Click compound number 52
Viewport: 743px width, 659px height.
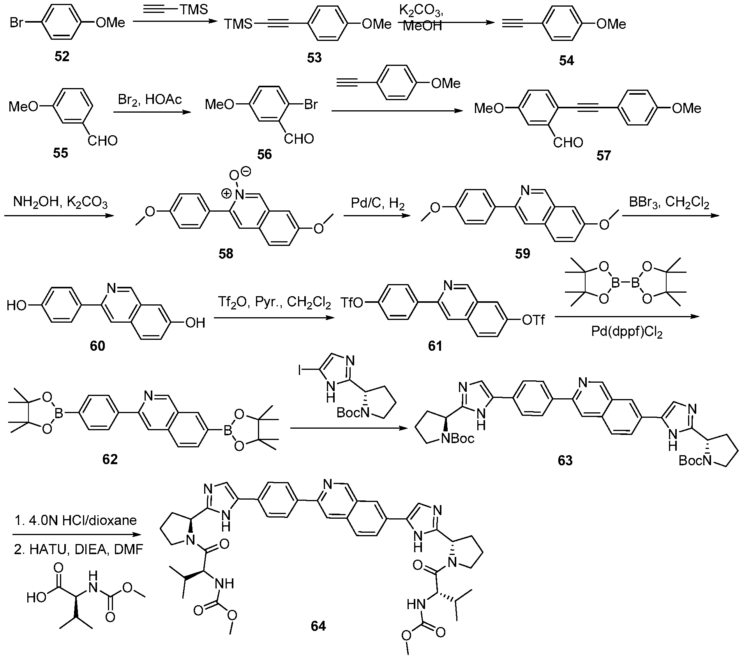pyautogui.click(x=62, y=57)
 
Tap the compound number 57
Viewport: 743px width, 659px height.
pyautogui.click(x=604, y=155)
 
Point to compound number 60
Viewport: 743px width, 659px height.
pyautogui.click(x=97, y=345)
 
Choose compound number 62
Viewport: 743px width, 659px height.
pyautogui.click(x=110, y=459)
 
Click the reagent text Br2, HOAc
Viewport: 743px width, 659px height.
pyautogui.click(x=150, y=100)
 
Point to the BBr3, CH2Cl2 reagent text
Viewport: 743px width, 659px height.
pyautogui.click(x=669, y=203)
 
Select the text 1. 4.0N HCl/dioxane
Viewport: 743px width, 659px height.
pyautogui.click(x=76, y=520)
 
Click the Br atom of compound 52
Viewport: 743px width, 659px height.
pyautogui.click(x=16, y=23)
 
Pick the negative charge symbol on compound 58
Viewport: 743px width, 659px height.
pyautogui.click(x=246, y=171)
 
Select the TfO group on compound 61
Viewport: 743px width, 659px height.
pyautogui.click(x=352, y=303)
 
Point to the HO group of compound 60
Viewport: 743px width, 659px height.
pyautogui.click(x=17, y=306)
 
